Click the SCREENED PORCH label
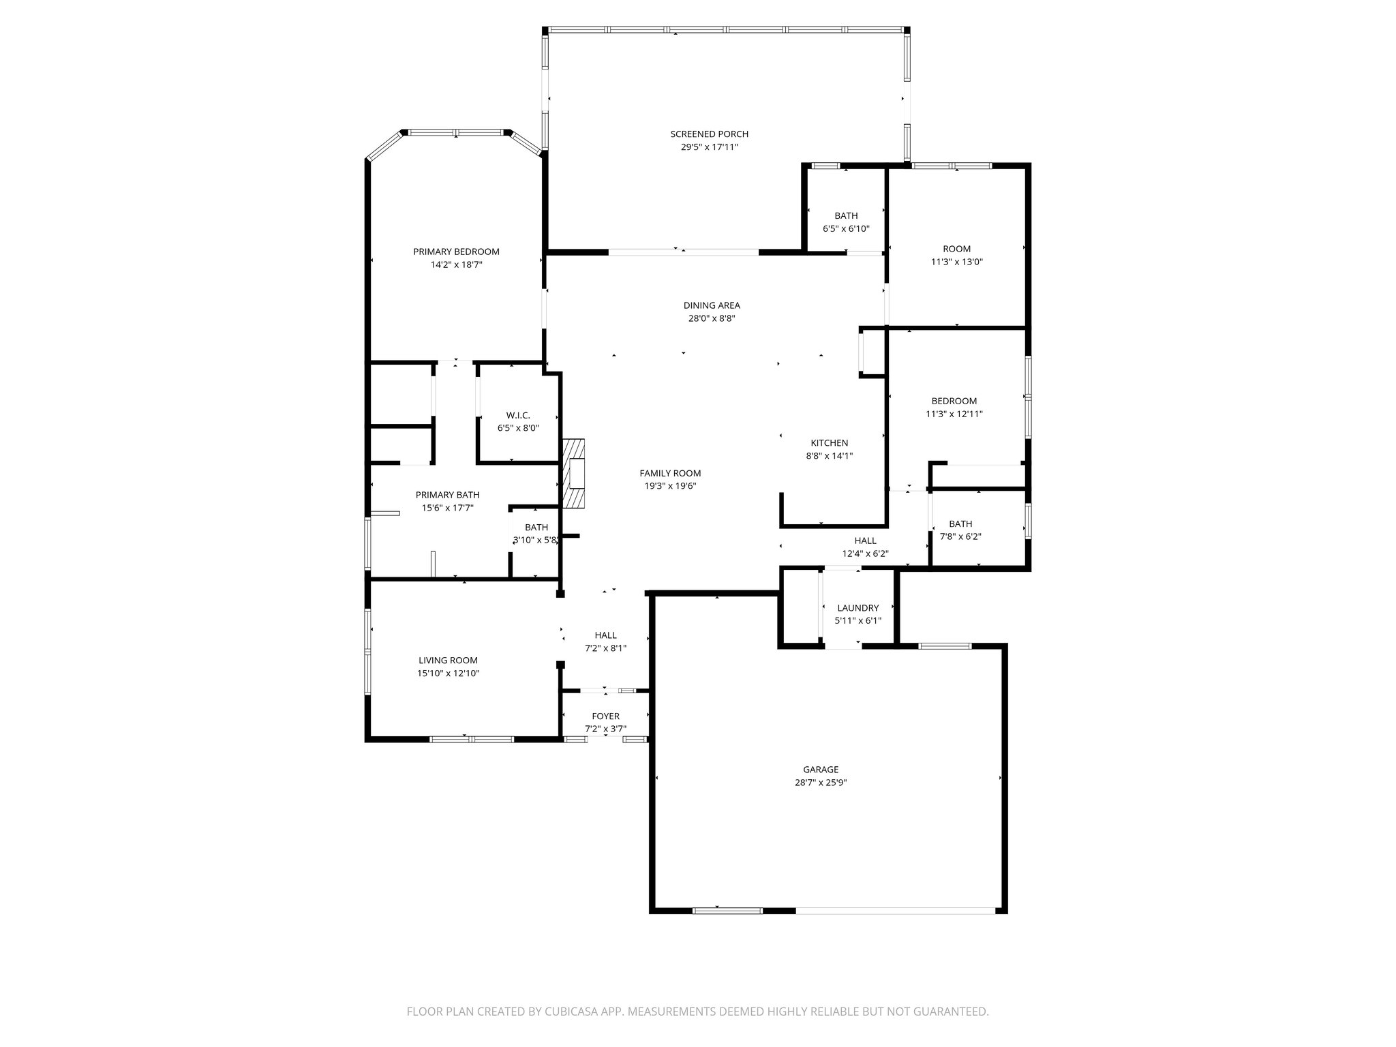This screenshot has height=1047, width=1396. [x=709, y=134]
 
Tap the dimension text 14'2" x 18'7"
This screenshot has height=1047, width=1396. [x=456, y=264]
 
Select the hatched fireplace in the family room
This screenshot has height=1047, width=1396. [x=574, y=473]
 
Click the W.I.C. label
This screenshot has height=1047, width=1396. [x=518, y=415]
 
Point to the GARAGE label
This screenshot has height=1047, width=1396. [x=820, y=770]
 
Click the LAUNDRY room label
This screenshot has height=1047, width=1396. [x=858, y=608]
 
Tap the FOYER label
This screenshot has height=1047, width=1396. [x=605, y=716]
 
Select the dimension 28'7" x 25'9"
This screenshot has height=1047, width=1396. [x=820, y=783]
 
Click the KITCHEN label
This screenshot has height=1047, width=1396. [x=829, y=443]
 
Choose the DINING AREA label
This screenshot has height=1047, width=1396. [x=712, y=305]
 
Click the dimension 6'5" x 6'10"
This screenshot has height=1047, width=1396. [x=846, y=229]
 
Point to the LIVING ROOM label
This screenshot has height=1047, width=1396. [x=448, y=661]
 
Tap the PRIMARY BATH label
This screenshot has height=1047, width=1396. [x=447, y=495]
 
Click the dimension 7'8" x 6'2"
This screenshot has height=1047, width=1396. [x=960, y=536]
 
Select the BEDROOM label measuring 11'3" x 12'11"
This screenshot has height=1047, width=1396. [x=954, y=401]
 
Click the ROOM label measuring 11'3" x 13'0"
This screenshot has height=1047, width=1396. [x=956, y=249]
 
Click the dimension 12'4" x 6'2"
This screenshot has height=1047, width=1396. [x=865, y=553]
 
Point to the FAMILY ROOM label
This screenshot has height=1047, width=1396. [x=669, y=473]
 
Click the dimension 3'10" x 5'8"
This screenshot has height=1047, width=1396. [x=536, y=541]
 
